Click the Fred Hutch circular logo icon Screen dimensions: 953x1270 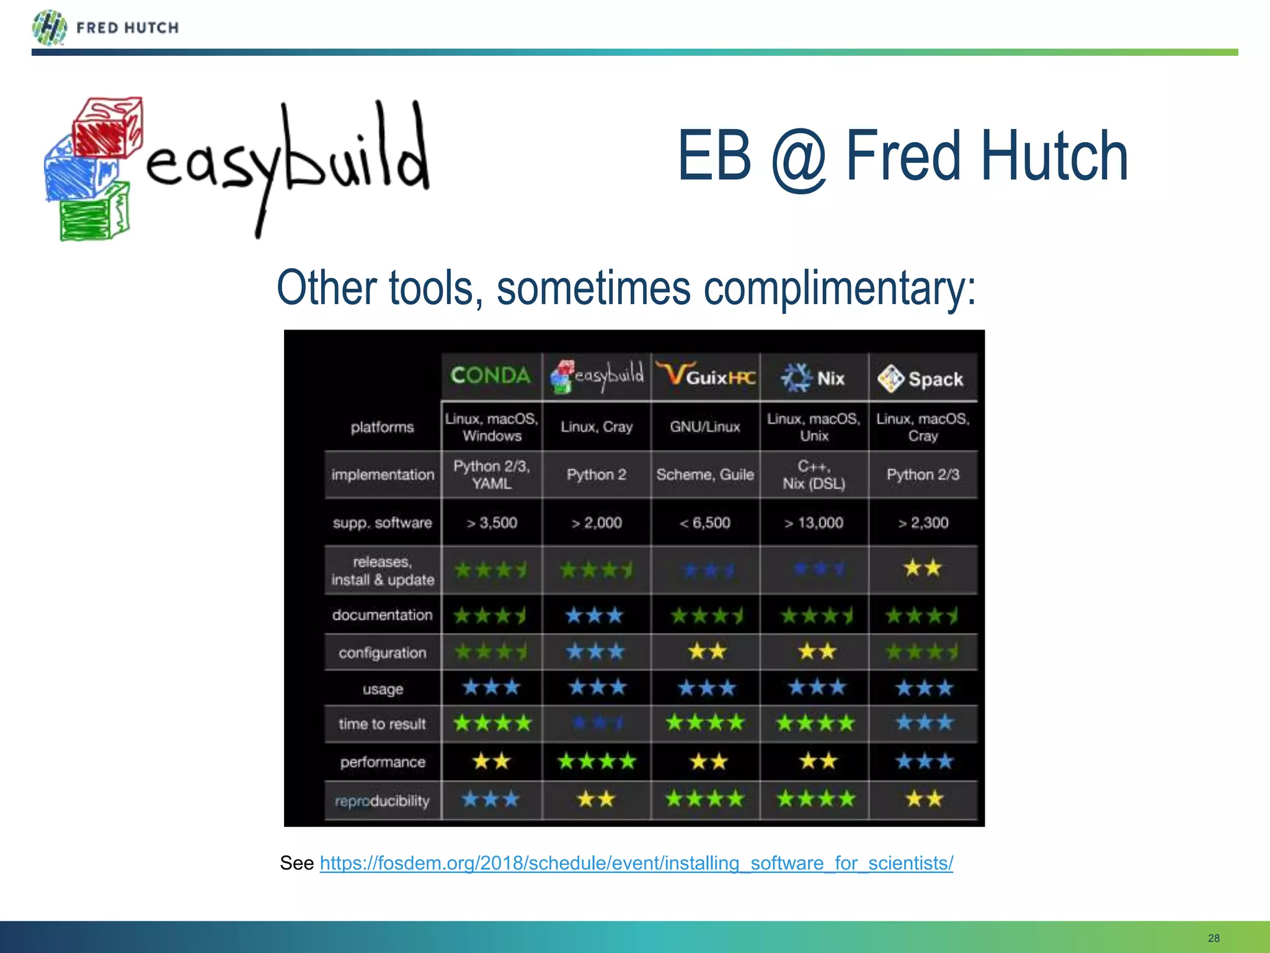click(x=49, y=28)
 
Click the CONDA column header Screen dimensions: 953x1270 click(x=491, y=376)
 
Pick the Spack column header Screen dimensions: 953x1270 click(x=922, y=378)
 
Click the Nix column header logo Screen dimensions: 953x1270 click(x=796, y=377)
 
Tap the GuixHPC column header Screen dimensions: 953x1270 click(x=706, y=376)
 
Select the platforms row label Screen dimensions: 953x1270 click(x=382, y=427)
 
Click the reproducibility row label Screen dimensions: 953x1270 click(x=382, y=801)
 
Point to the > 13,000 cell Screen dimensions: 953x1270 click(x=814, y=523)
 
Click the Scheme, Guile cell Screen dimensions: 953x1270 click(x=705, y=475)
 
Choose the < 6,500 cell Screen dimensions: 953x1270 click(x=705, y=523)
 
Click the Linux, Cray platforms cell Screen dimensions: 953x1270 click(x=597, y=427)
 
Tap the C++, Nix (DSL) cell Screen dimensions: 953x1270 click(x=814, y=475)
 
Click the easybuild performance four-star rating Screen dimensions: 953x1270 click(x=597, y=761)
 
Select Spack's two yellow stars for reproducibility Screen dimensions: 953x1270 click(x=923, y=799)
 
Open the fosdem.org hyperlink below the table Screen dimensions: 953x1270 click(x=636, y=863)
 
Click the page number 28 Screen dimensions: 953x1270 click(x=1214, y=938)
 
